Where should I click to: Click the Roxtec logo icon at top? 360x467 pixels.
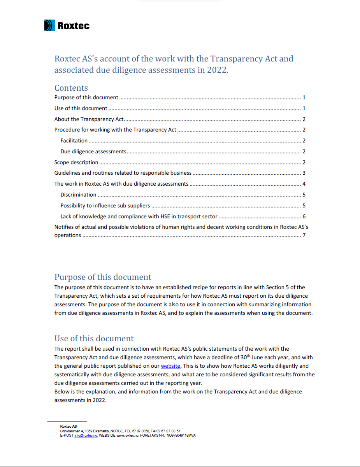49,26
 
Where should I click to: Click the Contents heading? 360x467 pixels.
71,88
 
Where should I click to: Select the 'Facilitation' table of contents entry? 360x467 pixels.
74,141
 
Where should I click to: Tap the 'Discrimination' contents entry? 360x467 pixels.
78,195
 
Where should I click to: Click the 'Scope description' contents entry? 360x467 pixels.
76,162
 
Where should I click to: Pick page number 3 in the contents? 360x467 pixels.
304,173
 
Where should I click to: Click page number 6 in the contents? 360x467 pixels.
304,216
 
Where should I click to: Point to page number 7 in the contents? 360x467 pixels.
304,235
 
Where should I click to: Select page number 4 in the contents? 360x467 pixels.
304,184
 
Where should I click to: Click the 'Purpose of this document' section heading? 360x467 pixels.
103,277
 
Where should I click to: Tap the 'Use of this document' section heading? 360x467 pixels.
94,339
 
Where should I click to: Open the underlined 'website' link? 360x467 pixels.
170,366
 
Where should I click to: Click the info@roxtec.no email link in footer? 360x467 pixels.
86,435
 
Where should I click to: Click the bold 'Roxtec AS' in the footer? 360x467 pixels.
68,427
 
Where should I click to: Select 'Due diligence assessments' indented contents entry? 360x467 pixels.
93,151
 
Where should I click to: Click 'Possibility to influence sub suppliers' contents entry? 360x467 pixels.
105,205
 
